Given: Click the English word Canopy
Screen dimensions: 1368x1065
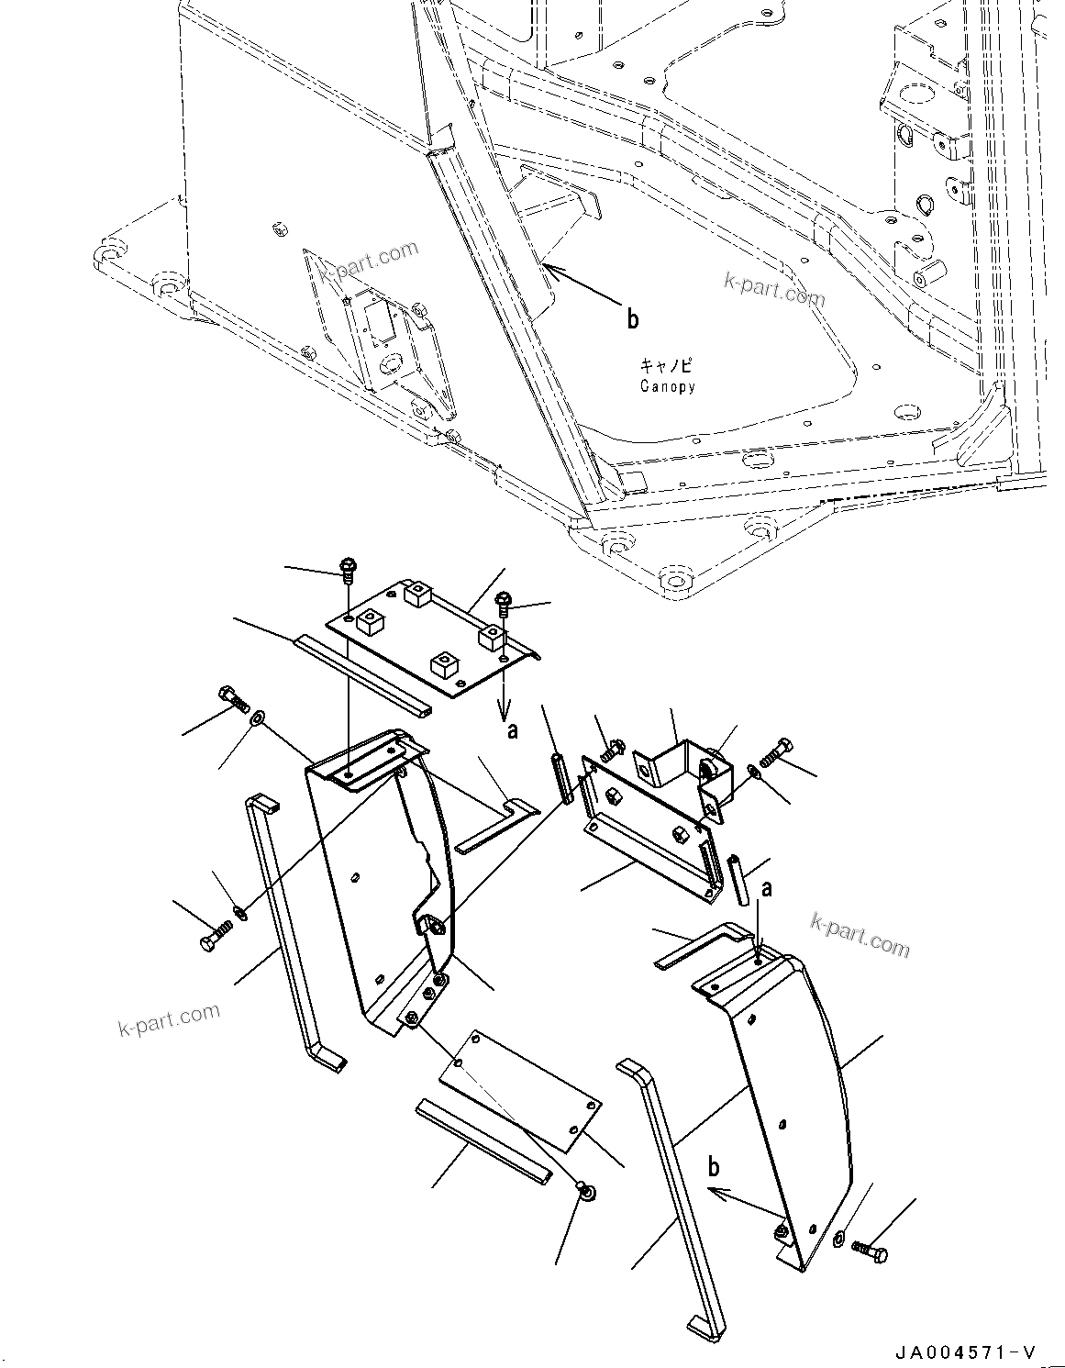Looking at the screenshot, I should click(667, 386).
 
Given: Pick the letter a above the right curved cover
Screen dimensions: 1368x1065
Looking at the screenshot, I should click(767, 888).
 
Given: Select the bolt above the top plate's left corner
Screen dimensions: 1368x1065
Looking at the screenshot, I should click(348, 570).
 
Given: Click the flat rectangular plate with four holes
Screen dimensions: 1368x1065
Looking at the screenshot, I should click(519, 1089).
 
